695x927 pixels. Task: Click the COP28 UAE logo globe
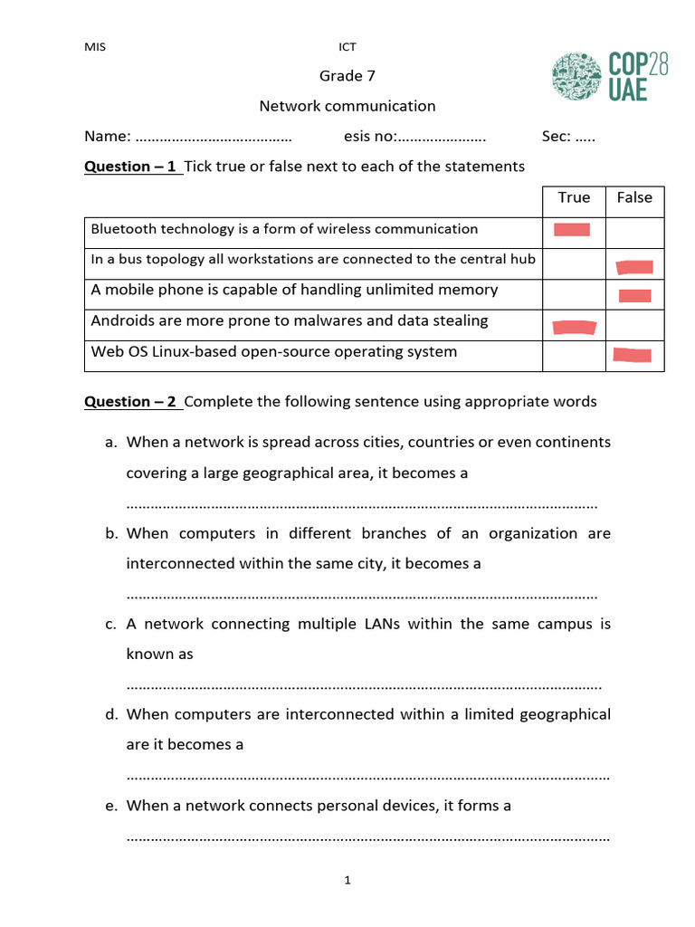577,77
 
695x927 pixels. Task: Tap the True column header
574,197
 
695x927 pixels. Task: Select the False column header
634,197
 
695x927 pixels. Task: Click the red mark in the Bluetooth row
572,230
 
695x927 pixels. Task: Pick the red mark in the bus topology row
634,267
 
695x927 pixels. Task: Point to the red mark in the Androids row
575,327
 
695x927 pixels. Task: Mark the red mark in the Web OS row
633,354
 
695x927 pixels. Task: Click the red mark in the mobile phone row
635,295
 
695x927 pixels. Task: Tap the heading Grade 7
347,75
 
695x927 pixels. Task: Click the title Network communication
347,106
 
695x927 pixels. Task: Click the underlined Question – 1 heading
130,166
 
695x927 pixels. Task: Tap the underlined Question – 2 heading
130,401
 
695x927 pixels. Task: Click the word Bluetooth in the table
123,229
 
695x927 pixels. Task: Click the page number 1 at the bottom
347,880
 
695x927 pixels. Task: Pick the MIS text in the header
95,47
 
